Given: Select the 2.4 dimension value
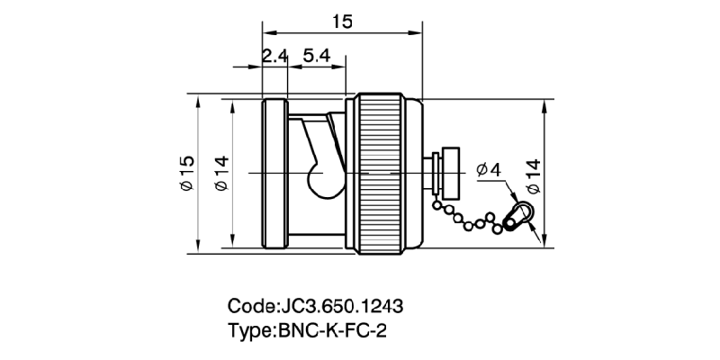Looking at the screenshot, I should (x=274, y=56).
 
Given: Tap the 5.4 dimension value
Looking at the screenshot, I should (x=317, y=56).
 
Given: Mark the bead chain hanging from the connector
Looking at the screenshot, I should (x=472, y=216).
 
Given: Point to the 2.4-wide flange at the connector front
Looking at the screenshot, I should (x=274, y=171).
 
